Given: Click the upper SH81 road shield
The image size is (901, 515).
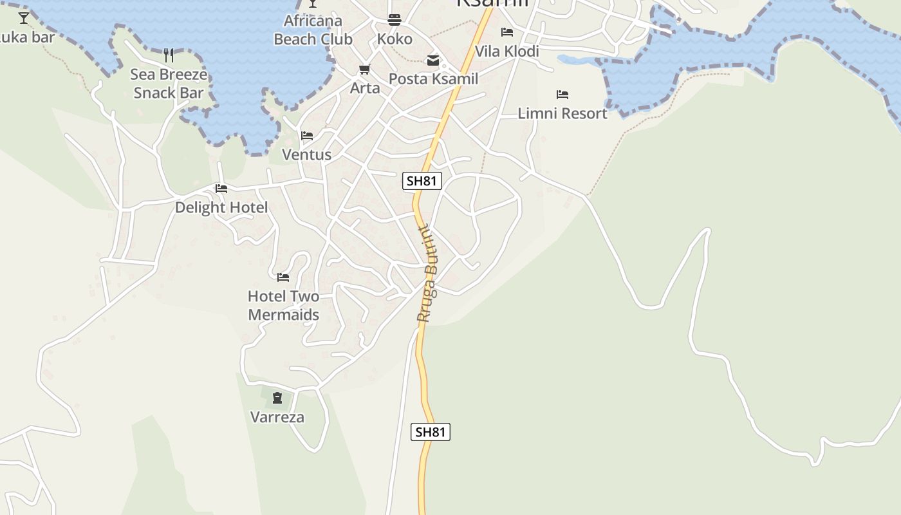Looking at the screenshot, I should (x=422, y=181).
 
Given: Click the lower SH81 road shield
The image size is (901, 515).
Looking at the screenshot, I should (x=431, y=432).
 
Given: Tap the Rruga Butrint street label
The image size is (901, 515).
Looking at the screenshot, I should (x=427, y=274).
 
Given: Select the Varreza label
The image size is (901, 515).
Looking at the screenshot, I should (x=277, y=417).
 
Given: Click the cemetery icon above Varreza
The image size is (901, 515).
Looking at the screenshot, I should (x=277, y=398).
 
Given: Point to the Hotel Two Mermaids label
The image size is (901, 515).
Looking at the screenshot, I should (x=283, y=306).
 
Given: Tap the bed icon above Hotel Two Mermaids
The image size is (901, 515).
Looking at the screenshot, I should (x=283, y=277).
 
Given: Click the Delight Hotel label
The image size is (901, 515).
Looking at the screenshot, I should (x=221, y=207).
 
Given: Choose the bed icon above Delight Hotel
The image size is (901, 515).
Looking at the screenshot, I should (x=221, y=189).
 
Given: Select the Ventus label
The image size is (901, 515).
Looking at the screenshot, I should (x=307, y=154).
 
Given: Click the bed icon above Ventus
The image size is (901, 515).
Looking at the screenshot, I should (x=307, y=136).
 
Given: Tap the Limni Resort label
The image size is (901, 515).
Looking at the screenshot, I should (x=562, y=113).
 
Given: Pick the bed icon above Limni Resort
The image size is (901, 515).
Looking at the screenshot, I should (x=562, y=95).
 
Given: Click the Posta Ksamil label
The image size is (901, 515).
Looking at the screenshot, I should (x=433, y=79).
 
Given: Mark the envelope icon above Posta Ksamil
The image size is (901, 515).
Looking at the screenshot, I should (x=433, y=61).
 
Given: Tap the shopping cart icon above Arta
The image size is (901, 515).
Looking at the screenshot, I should (x=365, y=69).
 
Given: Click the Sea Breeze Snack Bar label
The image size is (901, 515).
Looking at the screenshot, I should (x=169, y=84).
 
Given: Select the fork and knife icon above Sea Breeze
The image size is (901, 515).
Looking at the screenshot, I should (x=169, y=55).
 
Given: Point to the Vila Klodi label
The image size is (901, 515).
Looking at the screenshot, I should (x=507, y=51).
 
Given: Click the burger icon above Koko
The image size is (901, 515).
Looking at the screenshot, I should (x=395, y=20).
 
